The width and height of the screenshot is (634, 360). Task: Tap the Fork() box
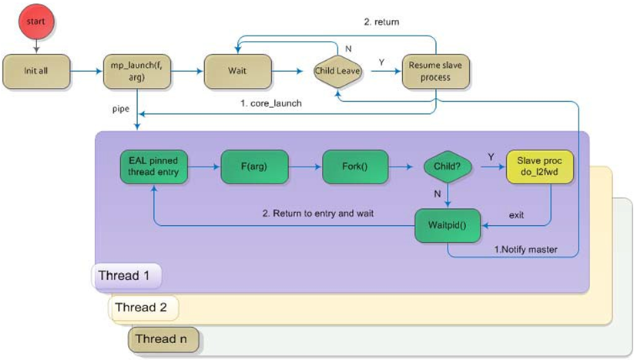355,166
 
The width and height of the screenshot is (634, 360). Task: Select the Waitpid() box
447,224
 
